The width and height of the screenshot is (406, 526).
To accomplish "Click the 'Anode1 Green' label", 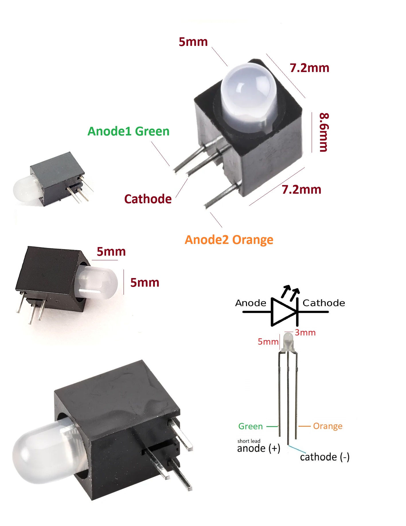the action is point(128,131).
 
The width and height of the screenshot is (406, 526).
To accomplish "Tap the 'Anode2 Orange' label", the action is point(229,240).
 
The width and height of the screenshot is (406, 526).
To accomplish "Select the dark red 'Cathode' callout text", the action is point(148,199).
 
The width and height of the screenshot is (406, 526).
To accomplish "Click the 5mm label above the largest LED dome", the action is point(193,42).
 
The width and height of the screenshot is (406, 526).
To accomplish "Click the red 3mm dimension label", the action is point(305,333).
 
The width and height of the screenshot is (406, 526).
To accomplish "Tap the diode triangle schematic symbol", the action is point(284,312).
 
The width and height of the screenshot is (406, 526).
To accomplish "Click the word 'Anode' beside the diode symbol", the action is point(251,303).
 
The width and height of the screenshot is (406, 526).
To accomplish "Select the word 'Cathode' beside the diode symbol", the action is point(324,303).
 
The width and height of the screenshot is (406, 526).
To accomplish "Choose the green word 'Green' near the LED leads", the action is point(251,426).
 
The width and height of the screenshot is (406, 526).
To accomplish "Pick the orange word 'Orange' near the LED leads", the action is point(328,426).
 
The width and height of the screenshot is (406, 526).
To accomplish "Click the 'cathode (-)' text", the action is point(325,457).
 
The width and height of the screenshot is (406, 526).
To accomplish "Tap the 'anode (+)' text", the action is point(259,448).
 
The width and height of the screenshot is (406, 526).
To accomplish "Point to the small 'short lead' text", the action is point(249,441).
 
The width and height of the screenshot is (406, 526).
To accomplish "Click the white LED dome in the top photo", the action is point(249,98).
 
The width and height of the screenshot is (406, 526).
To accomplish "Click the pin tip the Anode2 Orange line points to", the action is point(206,206).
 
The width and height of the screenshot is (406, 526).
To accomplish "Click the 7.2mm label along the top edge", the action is point(309,68).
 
